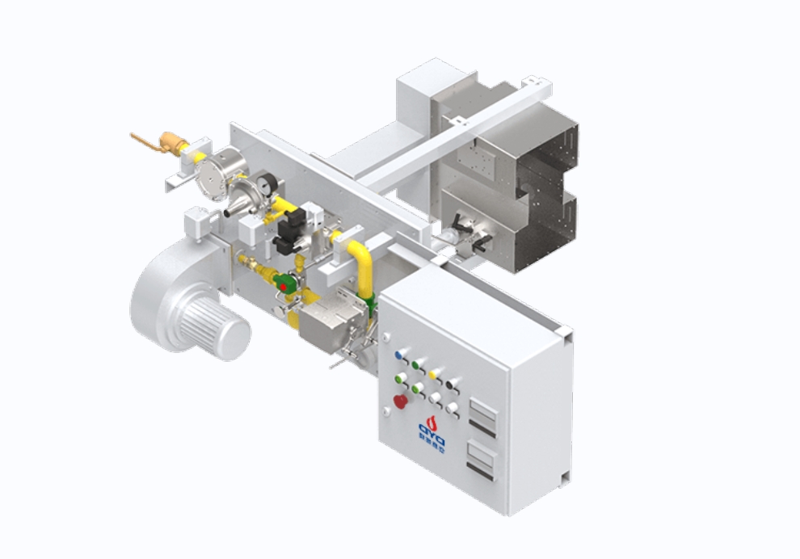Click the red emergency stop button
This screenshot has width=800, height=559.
click(x=399, y=401)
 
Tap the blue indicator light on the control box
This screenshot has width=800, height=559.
click(x=399, y=355)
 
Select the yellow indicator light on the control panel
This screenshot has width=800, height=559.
click(x=436, y=374)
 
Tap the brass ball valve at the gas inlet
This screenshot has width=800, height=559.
click(x=172, y=144)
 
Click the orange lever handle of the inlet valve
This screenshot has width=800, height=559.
click(x=144, y=139)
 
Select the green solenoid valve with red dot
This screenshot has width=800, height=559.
click(x=284, y=283)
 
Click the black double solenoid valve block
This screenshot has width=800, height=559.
click(x=288, y=230)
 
